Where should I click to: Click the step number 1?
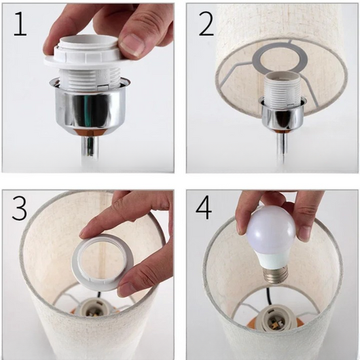click(x=20, y=24)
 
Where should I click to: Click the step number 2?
click(x=206, y=24)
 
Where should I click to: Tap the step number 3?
click(x=20, y=208)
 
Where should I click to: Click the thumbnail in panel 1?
click(x=132, y=45)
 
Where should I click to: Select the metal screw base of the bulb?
click(x=276, y=276)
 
